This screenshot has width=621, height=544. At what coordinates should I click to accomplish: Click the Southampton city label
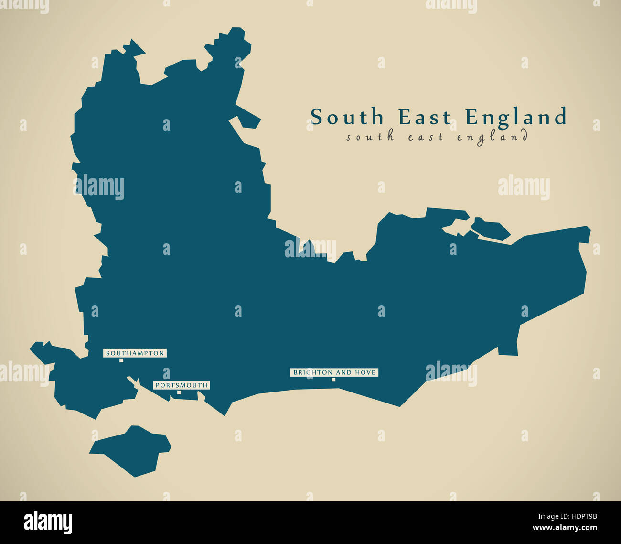pos(135,353)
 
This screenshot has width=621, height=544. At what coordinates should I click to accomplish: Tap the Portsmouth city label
pos(181,385)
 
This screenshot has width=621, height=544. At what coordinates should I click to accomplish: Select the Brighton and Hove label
pos(334,372)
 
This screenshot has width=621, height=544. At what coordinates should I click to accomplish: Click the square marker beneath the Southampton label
pos(121,360)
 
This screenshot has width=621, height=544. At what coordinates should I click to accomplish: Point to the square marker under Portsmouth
pos(179,392)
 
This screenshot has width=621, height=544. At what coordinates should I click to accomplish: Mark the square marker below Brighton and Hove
pos(333,380)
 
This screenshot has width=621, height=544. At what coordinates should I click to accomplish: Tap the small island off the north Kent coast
pos(490,229)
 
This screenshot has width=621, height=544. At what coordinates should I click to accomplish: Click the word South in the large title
pos(347,117)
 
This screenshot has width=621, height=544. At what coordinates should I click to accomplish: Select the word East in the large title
pos(425,117)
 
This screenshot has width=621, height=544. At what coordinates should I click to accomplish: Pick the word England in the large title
pos(516,117)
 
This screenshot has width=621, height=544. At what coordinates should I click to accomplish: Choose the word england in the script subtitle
pos(492,137)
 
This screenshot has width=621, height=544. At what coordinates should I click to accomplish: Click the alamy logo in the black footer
pos(48,522)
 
